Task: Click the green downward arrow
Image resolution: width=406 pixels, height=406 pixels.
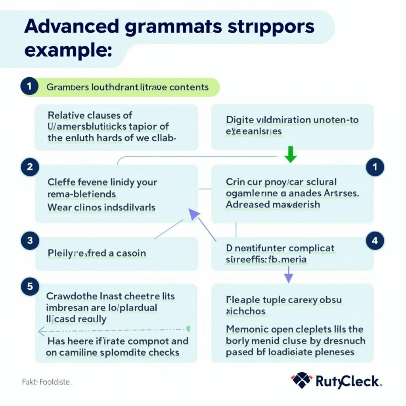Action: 291,155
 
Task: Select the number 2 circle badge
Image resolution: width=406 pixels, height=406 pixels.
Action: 30,167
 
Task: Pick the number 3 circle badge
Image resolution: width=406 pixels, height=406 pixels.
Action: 30,240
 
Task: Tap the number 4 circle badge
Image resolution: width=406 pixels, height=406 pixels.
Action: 375,240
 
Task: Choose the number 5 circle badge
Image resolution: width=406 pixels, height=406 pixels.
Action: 30,286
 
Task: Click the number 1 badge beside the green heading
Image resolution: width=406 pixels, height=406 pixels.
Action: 30,86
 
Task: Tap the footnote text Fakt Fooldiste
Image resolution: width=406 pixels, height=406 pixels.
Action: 46,383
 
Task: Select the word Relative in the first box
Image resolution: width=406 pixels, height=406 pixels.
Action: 65,115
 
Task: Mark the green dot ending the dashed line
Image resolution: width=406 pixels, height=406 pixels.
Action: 188,328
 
